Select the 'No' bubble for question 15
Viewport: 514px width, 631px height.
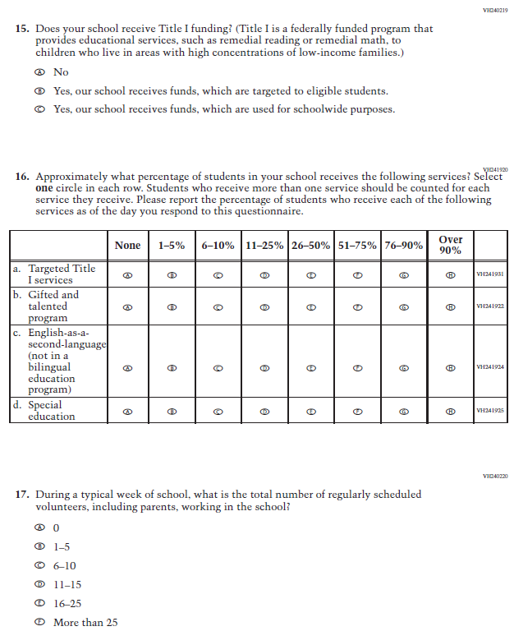pos(39,72)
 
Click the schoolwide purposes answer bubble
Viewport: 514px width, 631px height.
pos(39,109)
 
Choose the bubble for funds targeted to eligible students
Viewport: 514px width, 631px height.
pos(39,91)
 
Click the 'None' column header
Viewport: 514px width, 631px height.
pos(127,246)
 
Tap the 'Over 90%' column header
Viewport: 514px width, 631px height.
pos(450,245)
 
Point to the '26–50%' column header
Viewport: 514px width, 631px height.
pos(311,246)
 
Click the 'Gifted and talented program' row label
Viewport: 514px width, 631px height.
pos(53,306)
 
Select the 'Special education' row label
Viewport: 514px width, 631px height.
pos(51,411)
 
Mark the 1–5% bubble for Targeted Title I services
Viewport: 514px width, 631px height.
pos(172,275)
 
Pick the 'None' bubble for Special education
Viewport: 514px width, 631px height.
pos(127,411)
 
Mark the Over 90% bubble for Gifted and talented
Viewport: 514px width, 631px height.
pos(450,306)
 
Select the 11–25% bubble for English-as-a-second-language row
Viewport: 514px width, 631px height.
pos(264,368)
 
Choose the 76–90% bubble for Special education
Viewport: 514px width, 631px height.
pos(403,411)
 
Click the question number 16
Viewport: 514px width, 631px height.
pos(22,177)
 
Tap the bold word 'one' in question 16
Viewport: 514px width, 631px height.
pos(44,188)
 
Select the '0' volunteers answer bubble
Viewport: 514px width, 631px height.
pos(39,527)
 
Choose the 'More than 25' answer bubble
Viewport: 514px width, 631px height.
pos(39,623)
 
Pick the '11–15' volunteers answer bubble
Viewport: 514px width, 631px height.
pos(39,585)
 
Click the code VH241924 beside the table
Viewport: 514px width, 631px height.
pos(490,368)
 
